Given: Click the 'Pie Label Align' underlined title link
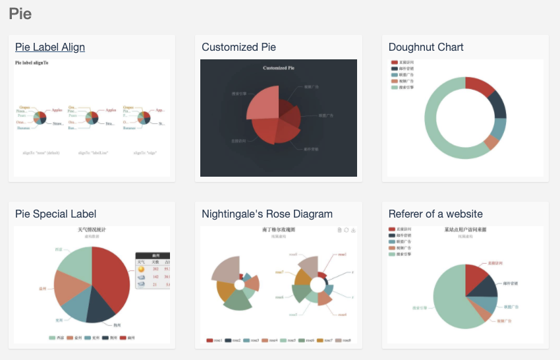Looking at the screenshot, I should coord(50,47).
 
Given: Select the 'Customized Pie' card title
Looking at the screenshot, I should coord(238,47).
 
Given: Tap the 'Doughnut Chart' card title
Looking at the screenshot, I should coord(426,47).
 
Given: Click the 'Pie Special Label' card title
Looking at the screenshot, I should coord(55,214).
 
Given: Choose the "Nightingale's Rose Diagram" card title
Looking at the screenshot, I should coord(267,214).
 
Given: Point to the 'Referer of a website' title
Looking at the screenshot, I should coord(435,214).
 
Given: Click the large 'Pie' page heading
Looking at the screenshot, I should coord(20,13).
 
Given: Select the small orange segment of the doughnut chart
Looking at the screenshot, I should coord(491,142).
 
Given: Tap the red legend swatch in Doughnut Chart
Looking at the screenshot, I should coord(394,63).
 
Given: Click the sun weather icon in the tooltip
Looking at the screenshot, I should coord(142,269).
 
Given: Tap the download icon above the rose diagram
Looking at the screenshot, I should coord(353,230).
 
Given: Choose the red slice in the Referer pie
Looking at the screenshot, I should coord(478,276).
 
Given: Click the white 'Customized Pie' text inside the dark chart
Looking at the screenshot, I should coord(278,68).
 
